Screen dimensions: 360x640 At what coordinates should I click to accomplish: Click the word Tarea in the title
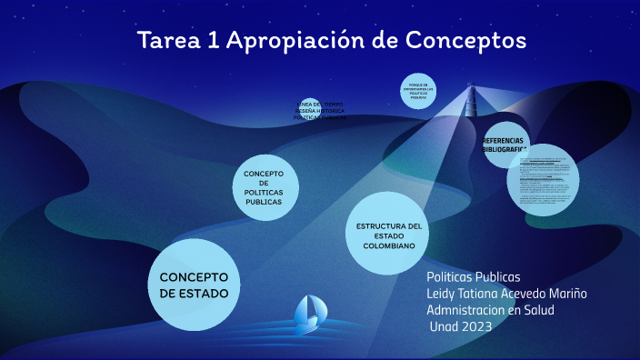167,41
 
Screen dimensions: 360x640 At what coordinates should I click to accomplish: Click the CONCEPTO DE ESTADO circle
194,285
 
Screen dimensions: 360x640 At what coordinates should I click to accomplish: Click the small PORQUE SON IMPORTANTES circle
418,90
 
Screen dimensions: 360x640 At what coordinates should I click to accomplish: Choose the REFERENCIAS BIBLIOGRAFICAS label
505,145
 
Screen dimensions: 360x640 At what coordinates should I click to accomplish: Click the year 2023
475,326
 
